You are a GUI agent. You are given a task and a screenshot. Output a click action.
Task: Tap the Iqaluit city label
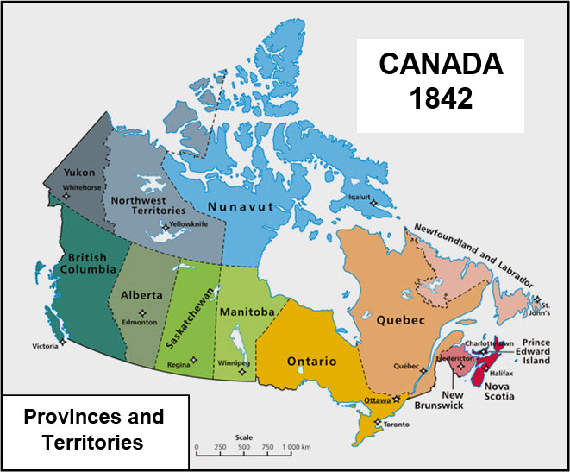pyautogui.click(x=360, y=195)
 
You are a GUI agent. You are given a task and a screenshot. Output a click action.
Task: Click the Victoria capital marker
pyautogui.click(x=62, y=342)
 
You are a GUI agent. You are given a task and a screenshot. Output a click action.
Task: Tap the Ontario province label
pyautogui.click(x=311, y=361)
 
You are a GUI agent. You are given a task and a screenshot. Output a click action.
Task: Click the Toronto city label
pyautogui.click(x=398, y=425)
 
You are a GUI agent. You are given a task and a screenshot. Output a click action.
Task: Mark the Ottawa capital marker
pyautogui.click(x=397, y=400)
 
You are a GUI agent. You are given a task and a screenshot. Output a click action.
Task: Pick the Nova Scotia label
pyautogui.click(x=499, y=390)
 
